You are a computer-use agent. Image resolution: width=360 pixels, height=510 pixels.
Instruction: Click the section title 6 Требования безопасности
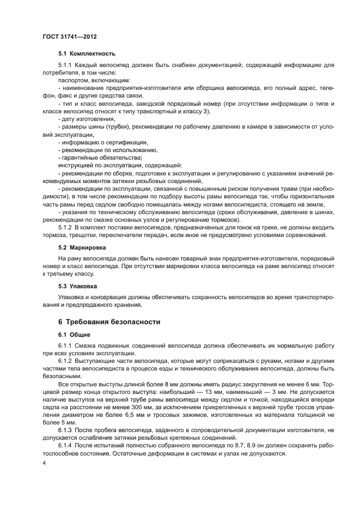109,321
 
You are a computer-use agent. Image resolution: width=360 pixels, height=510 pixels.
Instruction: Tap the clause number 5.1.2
65,226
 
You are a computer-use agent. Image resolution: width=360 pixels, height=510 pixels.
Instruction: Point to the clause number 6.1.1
65,347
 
